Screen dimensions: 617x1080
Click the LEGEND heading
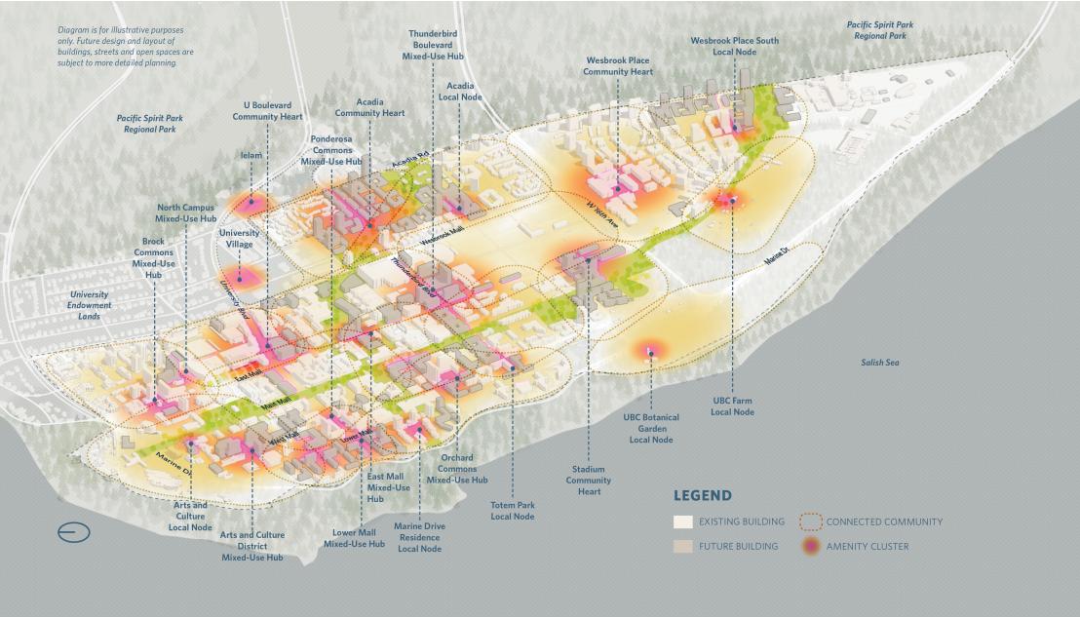(702, 495)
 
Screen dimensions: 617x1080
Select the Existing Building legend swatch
(683, 521)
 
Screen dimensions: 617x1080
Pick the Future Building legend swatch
(683, 546)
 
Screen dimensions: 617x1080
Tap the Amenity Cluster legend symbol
(810, 546)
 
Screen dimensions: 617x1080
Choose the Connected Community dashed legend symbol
(810, 521)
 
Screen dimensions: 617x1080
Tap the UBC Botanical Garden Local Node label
(651, 428)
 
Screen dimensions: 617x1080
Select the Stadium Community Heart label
(589, 480)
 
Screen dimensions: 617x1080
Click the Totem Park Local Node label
(513, 510)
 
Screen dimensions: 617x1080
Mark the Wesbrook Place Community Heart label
(618, 65)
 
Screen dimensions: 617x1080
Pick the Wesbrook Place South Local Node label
(734, 46)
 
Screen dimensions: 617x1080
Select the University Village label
(239, 239)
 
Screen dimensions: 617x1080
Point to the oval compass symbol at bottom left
(73, 532)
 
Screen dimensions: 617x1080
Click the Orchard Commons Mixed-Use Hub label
(456, 469)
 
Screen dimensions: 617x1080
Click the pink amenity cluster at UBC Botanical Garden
(650, 351)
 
